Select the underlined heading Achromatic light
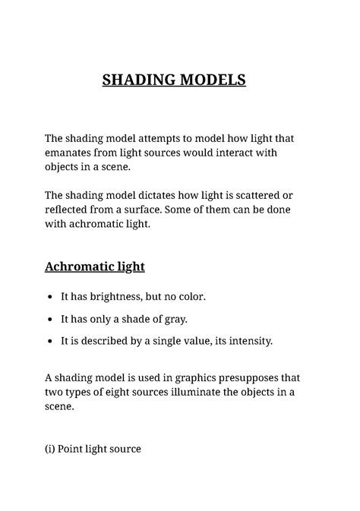94,267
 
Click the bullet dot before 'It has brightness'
50,297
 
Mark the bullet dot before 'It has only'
50,319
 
